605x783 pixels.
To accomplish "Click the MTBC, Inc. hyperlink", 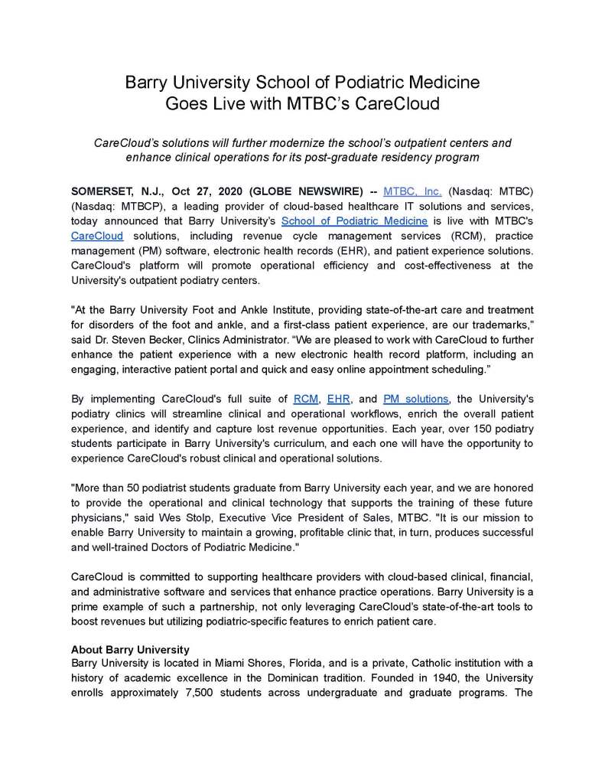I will [x=413, y=189].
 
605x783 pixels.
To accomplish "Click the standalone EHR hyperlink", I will [x=338, y=399].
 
